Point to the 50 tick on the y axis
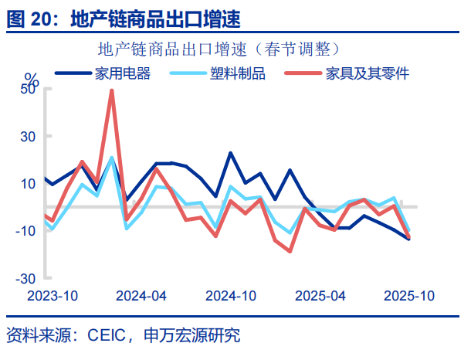click(x=29, y=89)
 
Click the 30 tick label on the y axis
click(x=29, y=136)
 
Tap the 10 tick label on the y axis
click(x=29, y=184)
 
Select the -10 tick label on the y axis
click(x=26, y=231)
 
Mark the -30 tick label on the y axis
click(x=26, y=278)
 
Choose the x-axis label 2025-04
click(x=320, y=296)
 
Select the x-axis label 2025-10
click(x=410, y=296)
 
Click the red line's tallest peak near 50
click(x=112, y=91)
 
